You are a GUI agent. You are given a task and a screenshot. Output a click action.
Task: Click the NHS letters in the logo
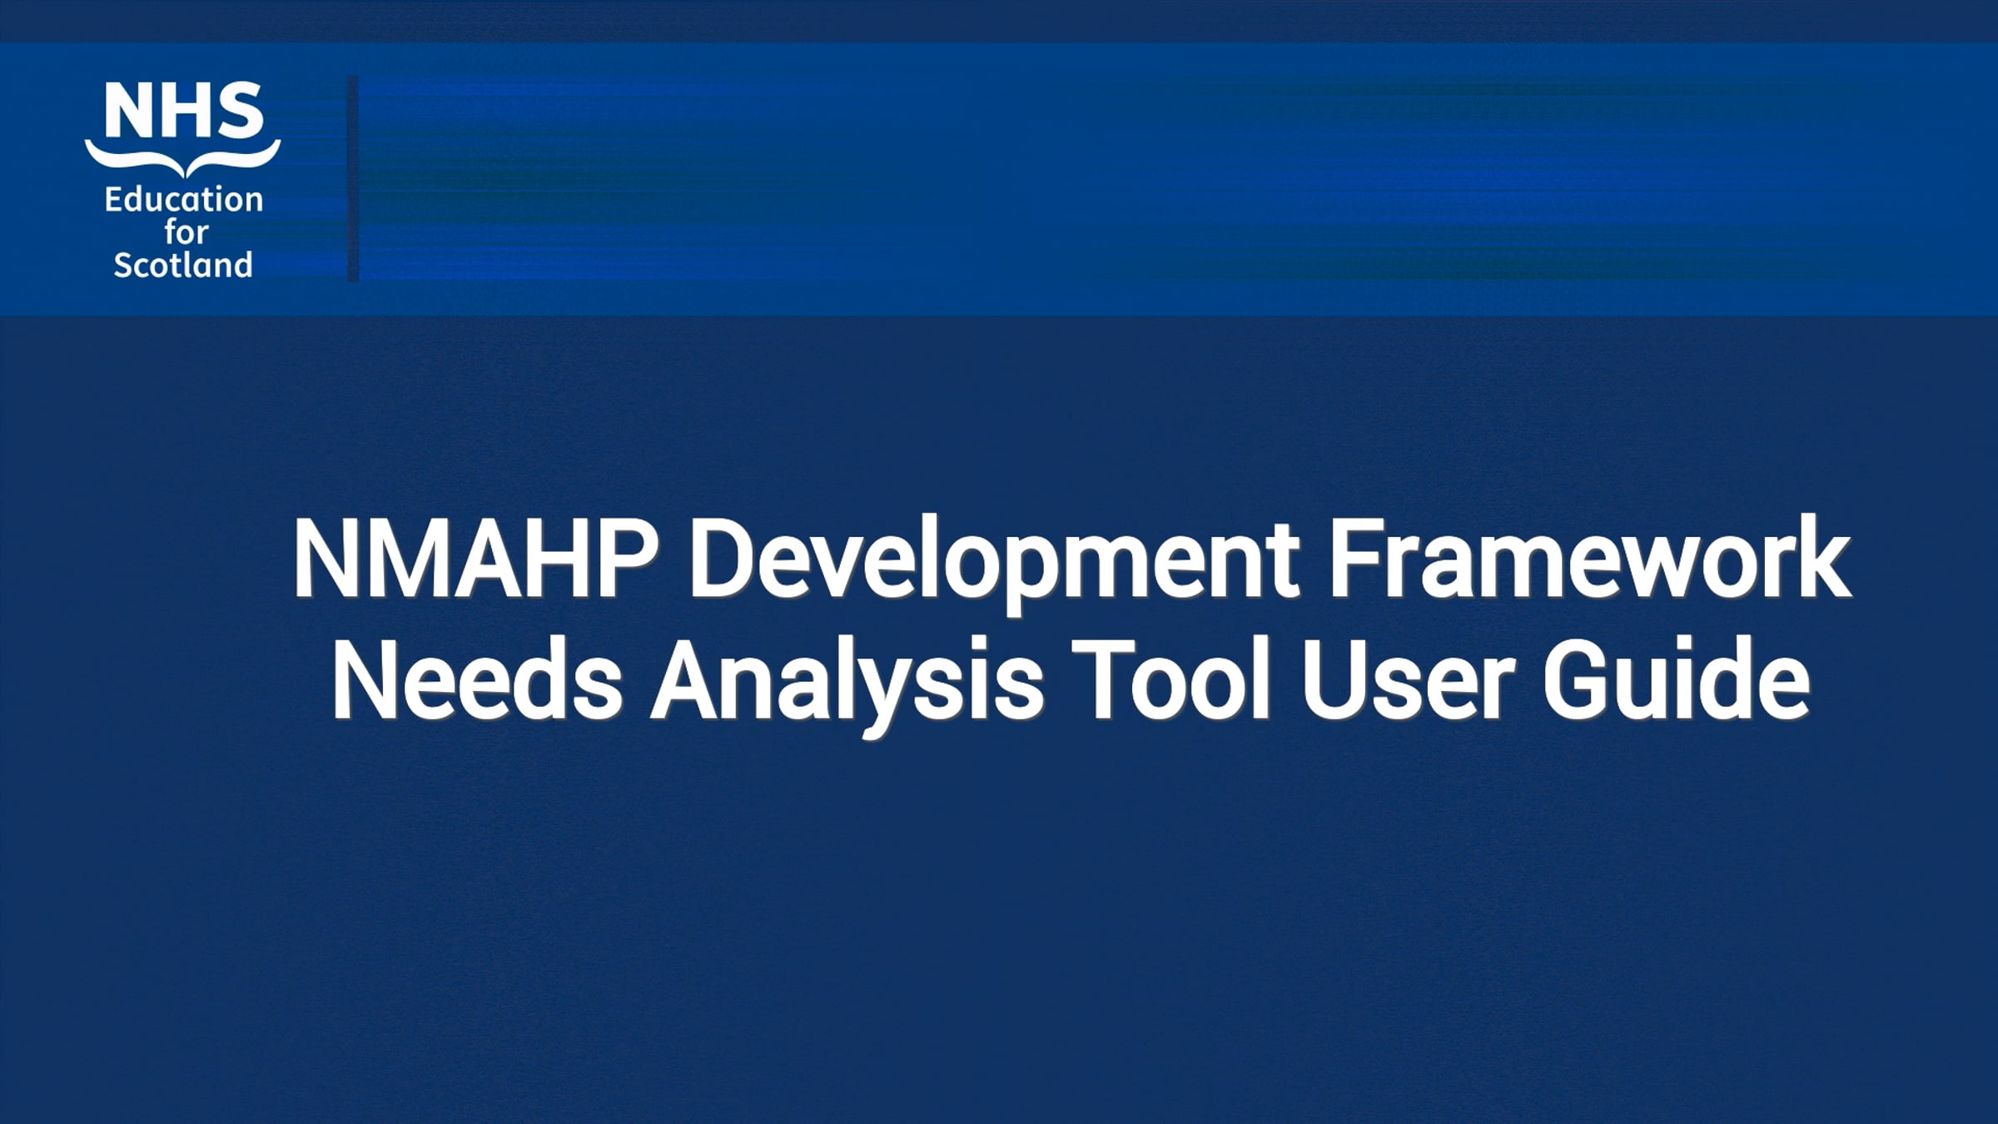pyautogui.click(x=183, y=111)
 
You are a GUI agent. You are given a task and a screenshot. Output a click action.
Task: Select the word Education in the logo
pyautogui.click(x=183, y=200)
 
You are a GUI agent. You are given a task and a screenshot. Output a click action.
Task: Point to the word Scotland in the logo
pyautogui.click(x=183, y=266)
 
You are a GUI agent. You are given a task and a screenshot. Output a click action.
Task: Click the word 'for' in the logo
pyautogui.click(x=185, y=232)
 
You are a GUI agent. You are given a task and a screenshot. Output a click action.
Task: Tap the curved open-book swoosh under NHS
pyautogui.click(x=183, y=157)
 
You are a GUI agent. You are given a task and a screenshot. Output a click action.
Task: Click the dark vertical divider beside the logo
pyautogui.click(x=353, y=179)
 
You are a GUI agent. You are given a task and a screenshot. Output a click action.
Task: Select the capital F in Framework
pyautogui.click(x=1354, y=559)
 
